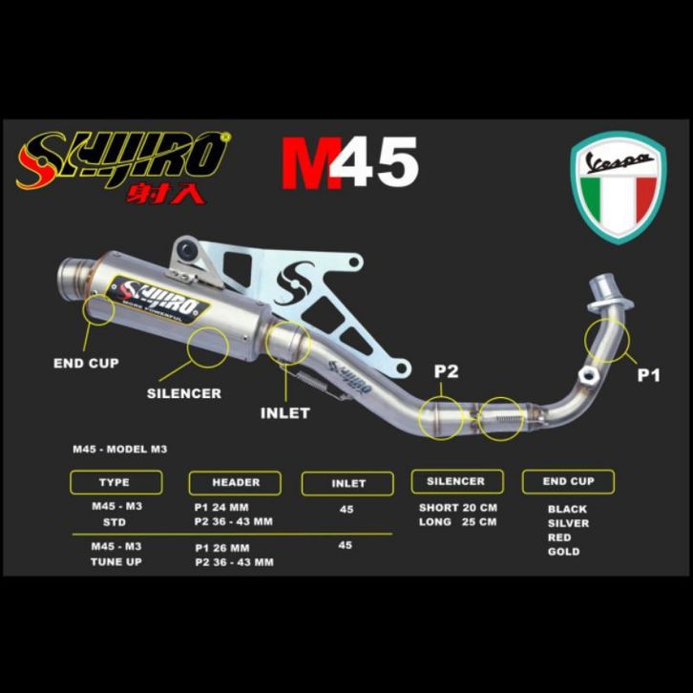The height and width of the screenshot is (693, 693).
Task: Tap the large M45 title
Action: click(348, 163)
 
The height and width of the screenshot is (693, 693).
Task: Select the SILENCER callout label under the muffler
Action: click(184, 393)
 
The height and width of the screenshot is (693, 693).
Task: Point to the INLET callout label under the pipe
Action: click(285, 413)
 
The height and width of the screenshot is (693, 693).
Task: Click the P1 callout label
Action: click(648, 376)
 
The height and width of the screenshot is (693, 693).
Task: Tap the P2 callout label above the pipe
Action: click(446, 372)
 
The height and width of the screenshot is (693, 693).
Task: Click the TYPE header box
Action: click(114, 483)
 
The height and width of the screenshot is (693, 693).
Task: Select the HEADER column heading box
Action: click(236, 483)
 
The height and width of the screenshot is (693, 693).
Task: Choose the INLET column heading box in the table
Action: click(348, 484)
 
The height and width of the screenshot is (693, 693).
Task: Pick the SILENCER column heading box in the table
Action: click(455, 481)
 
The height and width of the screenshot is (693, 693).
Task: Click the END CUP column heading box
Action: click(568, 482)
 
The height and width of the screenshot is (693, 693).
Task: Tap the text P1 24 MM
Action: click(221, 507)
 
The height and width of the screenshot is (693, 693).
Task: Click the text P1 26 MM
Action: click(221, 548)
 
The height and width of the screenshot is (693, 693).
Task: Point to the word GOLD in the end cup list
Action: click(563, 552)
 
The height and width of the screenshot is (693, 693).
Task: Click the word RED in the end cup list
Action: click(560, 537)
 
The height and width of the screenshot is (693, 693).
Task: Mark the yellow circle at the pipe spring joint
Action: click(501, 418)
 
